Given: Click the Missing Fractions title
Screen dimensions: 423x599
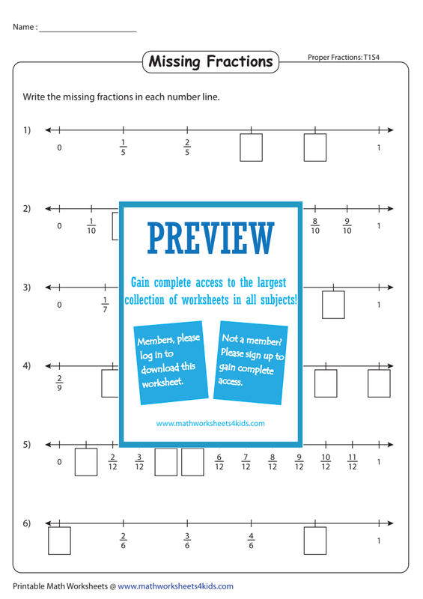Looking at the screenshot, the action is (210, 62).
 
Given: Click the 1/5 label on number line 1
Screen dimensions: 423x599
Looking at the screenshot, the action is (123, 148).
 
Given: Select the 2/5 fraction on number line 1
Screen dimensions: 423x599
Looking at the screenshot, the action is (187, 148).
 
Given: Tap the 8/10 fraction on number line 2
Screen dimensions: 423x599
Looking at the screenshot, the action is (315, 226).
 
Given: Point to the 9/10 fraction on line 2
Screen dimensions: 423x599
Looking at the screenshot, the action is (347, 226).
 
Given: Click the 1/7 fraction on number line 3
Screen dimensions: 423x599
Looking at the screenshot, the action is (105, 305).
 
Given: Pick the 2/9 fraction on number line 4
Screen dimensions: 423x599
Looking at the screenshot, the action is (59, 383).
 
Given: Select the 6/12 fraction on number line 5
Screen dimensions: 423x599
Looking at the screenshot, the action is (219, 462).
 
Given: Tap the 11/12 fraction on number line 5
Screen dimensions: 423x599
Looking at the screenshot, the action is (353, 462).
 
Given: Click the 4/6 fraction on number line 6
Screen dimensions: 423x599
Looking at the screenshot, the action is (251, 541).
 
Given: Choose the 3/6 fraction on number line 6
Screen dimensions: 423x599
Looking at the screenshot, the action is (187, 541).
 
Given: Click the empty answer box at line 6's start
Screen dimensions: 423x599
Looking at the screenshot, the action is (59, 541).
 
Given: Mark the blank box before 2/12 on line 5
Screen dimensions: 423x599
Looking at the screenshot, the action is (86, 462).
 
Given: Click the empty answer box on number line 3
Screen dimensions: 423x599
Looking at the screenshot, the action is (333, 305).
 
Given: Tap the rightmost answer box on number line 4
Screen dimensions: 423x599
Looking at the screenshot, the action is (379, 383).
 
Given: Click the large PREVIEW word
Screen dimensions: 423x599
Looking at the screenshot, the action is (211, 238).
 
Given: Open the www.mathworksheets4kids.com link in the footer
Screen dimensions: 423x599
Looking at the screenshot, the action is (175, 586).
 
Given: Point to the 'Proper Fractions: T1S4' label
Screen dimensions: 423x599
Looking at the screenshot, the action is (344, 58).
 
